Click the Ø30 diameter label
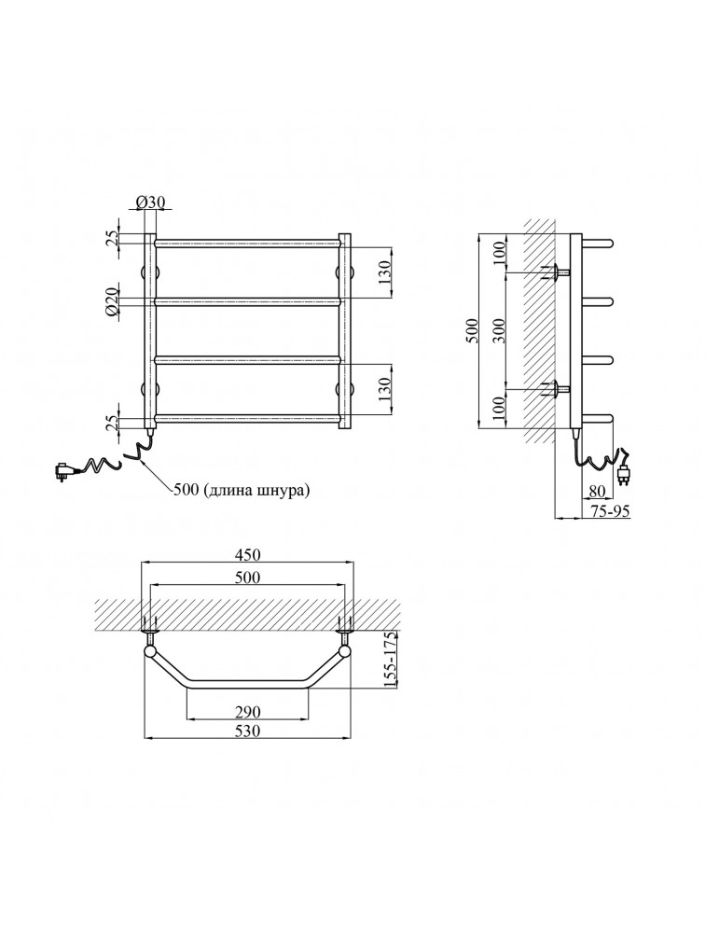pos(150,202)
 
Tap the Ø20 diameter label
pos(111,304)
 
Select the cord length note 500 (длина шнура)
pos(242,491)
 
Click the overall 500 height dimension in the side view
pos(471,331)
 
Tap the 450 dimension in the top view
pos(247,554)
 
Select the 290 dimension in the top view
pos(248,712)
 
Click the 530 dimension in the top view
pos(248,731)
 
